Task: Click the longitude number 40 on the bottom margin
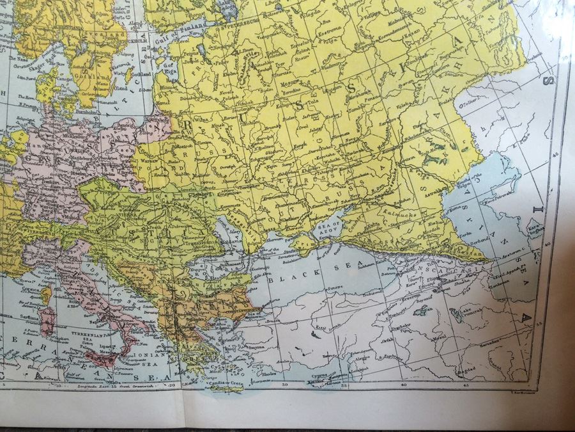403,385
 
